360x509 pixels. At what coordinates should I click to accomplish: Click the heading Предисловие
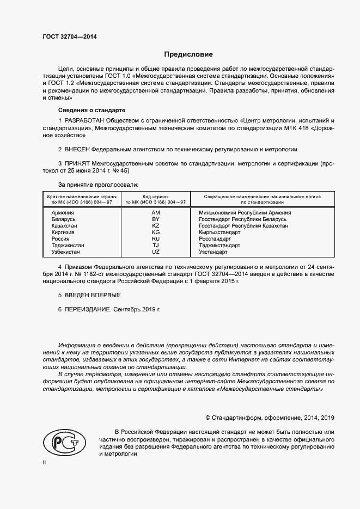click(189, 54)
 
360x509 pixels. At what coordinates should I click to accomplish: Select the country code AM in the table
click(155, 212)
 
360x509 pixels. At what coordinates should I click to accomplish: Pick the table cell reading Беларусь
click(63, 219)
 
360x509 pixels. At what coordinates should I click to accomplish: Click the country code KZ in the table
click(155, 225)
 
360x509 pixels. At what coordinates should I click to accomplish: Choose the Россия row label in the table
click(60, 239)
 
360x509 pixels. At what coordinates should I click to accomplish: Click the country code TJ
click(155, 246)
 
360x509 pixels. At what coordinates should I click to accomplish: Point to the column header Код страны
click(155, 196)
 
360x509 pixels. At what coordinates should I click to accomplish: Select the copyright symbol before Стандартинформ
click(208, 418)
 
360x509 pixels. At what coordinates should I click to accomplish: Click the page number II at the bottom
click(45, 462)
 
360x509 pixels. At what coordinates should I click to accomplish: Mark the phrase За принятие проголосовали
click(94, 185)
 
